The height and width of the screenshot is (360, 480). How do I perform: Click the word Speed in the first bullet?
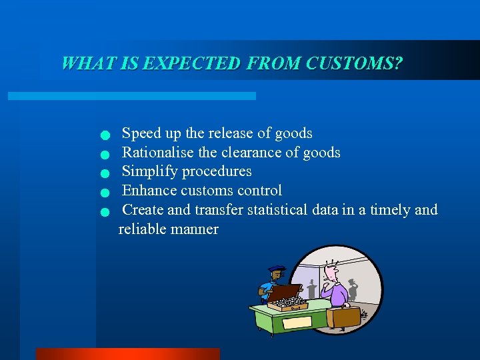(x=141, y=133)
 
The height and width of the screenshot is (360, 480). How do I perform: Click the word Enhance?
(x=149, y=191)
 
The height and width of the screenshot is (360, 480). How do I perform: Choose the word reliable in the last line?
(x=143, y=229)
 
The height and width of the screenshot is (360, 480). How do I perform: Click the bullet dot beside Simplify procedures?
(x=104, y=174)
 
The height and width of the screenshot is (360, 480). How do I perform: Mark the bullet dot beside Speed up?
(x=104, y=136)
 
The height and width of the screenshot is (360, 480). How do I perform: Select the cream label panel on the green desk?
(x=297, y=322)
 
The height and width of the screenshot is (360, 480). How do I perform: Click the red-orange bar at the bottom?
(x=127, y=354)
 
